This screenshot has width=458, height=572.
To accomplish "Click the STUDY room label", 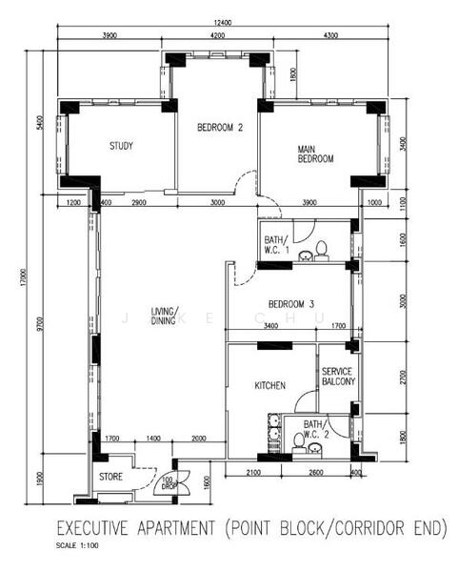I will pyautogui.click(x=121, y=146).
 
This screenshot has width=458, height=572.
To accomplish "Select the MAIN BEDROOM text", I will pyautogui.click(x=315, y=153).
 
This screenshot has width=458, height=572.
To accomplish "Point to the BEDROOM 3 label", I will pyautogui.click(x=290, y=304).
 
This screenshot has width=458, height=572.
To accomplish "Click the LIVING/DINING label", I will pyautogui.click(x=165, y=316).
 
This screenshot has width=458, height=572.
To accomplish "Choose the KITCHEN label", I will pyautogui.click(x=269, y=386).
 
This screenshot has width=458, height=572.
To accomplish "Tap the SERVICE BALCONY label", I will pyautogui.click(x=338, y=377).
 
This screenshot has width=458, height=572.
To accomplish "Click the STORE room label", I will pyautogui.click(x=111, y=477).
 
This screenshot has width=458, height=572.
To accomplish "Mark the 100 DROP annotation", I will pyautogui.click(x=168, y=482).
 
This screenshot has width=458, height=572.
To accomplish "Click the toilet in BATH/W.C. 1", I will pyautogui.click(x=322, y=250).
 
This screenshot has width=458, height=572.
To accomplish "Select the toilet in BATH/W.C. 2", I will pyautogui.click(x=298, y=440).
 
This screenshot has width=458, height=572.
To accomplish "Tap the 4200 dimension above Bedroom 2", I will pyautogui.click(x=217, y=35).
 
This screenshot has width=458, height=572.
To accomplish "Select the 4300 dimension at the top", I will pyautogui.click(x=329, y=35).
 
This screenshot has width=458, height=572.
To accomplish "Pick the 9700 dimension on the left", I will pyautogui.click(x=40, y=323).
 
